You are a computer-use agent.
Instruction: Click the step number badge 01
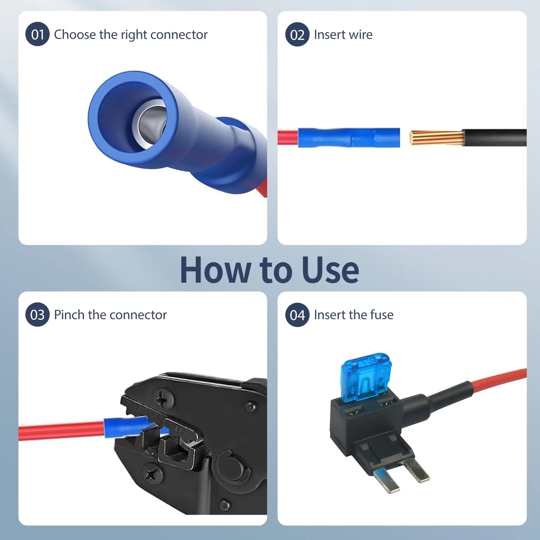(x=38, y=34)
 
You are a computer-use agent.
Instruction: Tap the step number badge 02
(x=297, y=34)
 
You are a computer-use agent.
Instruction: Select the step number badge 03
(x=38, y=315)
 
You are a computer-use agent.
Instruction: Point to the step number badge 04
(x=297, y=315)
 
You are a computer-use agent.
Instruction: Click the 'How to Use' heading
(x=269, y=270)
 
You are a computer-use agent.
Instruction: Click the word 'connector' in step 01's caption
(x=179, y=35)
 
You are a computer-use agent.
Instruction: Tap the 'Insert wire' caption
(x=343, y=35)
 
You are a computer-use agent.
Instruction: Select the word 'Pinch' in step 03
(x=69, y=315)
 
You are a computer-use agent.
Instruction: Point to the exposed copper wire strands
(x=436, y=137)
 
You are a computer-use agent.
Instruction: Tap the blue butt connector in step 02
(x=349, y=137)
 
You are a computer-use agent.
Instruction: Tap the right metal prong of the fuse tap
(x=416, y=470)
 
